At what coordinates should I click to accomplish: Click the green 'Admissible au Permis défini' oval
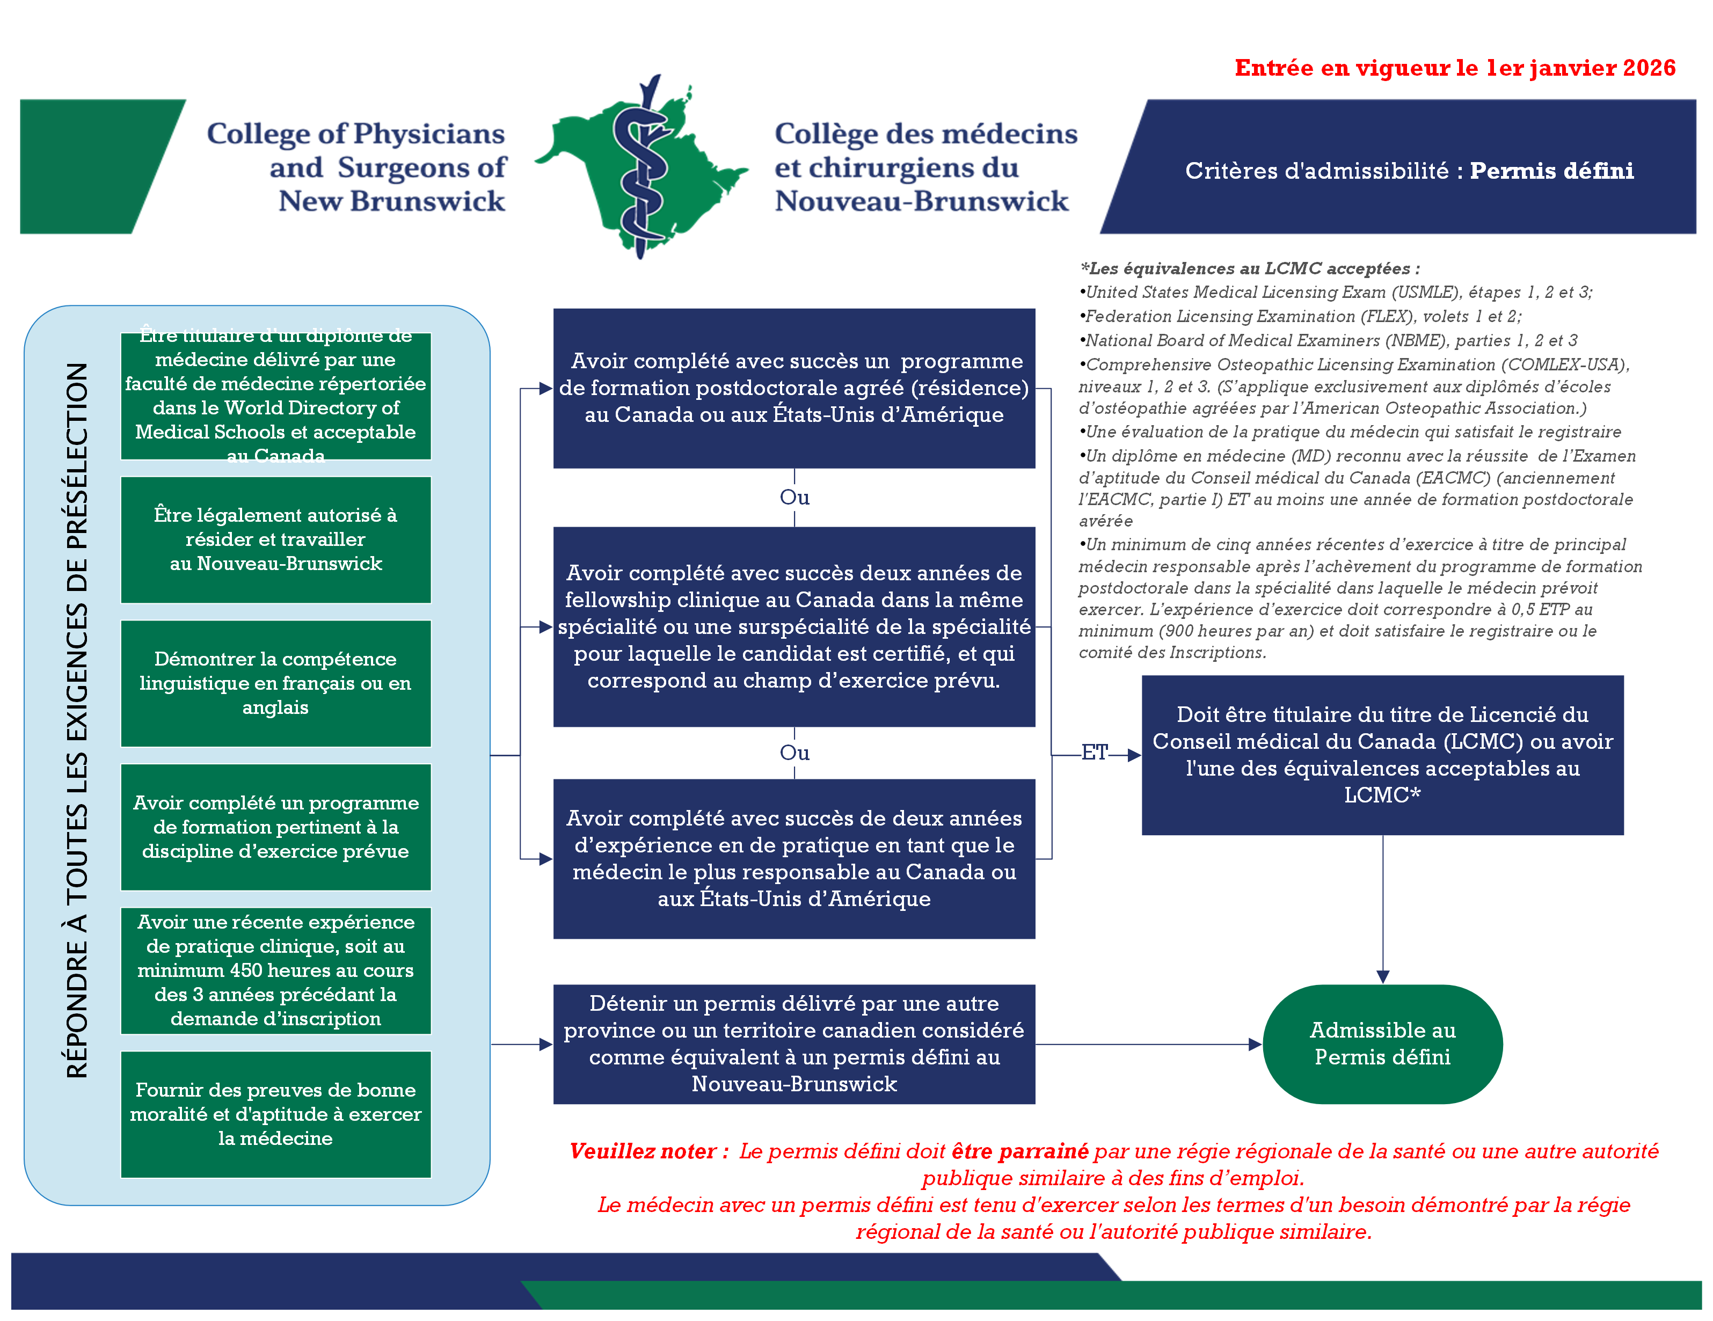click(x=1381, y=1043)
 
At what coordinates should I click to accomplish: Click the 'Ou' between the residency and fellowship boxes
click(x=794, y=498)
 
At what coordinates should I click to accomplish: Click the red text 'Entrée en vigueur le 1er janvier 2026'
click(x=1454, y=68)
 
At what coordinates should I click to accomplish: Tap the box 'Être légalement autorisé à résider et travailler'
click(x=275, y=539)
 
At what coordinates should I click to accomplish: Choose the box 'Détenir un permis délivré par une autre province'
click(x=794, y=1043)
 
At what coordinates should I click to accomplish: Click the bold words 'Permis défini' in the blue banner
click(x=1551, y=171)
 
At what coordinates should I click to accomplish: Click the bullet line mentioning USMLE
click(x=1336, y=293)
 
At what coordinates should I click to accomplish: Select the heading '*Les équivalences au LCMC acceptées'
click(x=1250, y=268)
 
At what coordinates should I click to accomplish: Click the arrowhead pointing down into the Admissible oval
click(x=1382, y=976)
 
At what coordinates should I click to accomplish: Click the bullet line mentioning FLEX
click(x=1300, y=316)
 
